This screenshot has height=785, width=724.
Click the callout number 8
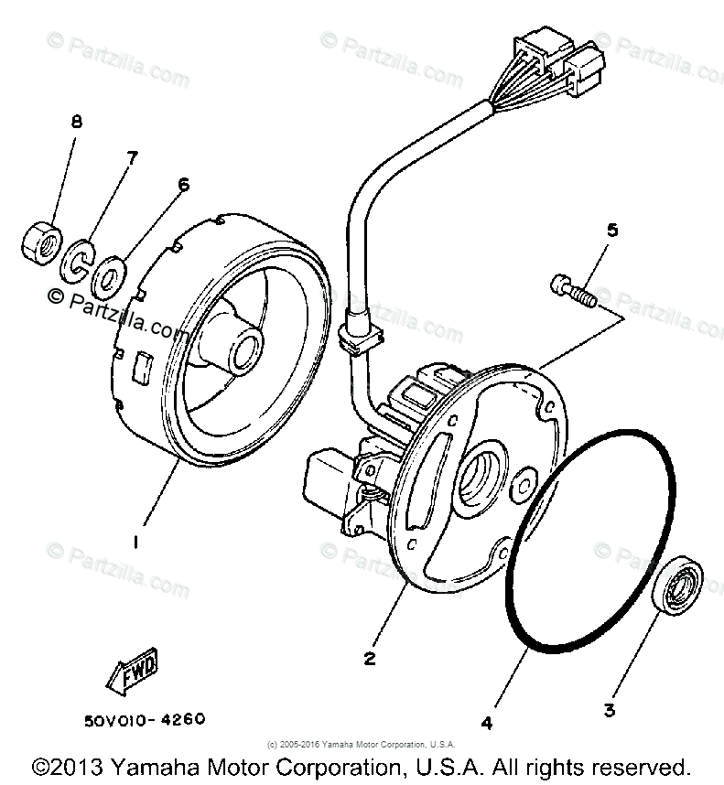tap(77, 122)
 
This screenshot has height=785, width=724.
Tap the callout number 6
tap(183, 184)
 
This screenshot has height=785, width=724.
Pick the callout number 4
tap(487, 723)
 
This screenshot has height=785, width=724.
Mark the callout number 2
tap(369, 657)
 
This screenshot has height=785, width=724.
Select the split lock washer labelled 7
tap(77, 259)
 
